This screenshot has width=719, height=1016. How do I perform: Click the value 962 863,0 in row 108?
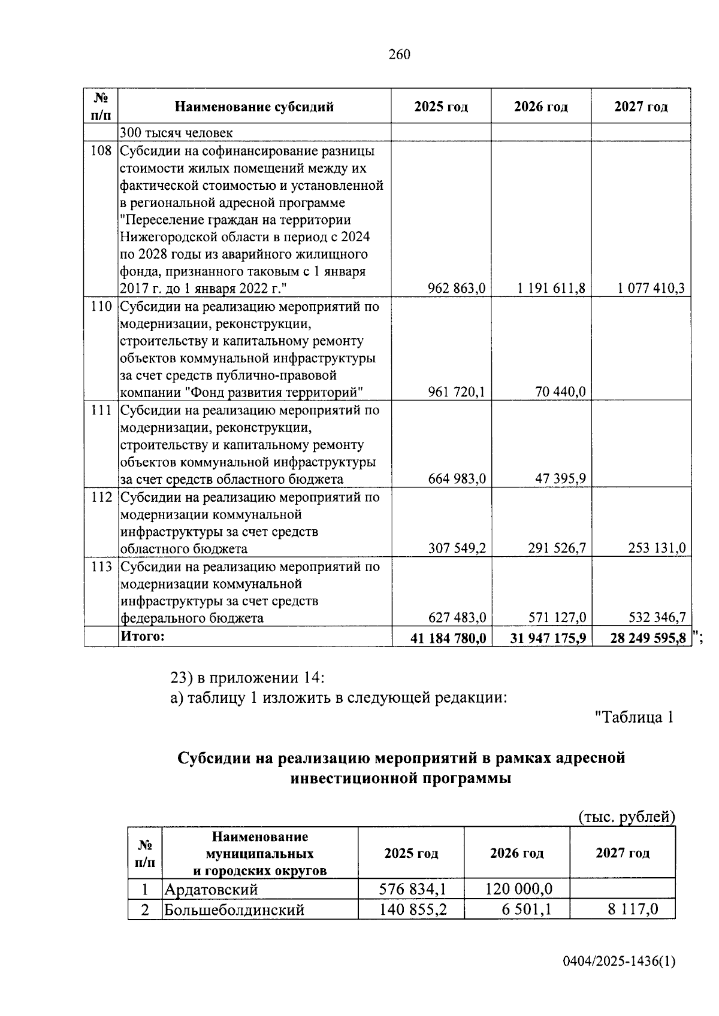pyautogui.click(x=456, y=289)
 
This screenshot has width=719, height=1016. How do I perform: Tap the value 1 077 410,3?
pyautogui.click(x=651, y=289)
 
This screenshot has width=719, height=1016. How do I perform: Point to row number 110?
pyautogui.click(x=101, y=307)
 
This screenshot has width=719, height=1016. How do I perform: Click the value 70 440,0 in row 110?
pyautogui.click(x=560, y=392)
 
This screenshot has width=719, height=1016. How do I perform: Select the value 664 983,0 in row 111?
pyautogui.click(x=457, y=479)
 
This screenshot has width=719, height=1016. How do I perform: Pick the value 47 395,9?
pyautogui.click(x=561, y=479)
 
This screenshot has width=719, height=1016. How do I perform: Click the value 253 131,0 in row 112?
pyautogui.click(x=657, y=548)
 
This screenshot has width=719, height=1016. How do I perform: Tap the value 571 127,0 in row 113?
pyautogui.click(x=557, y=617)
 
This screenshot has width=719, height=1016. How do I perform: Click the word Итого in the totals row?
pyautogui.click(x=143, y=636)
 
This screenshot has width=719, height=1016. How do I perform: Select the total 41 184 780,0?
pyautogui.click(x=448, y=638)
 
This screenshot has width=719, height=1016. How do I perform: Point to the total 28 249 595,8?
pyautogui.click(x=648, y=638)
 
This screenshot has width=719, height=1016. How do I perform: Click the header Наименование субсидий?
pyautogui.click(x=254, y=107)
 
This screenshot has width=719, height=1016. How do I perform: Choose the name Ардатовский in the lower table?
pyautogui.click(x=211, y=888)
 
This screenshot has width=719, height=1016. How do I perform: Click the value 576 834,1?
pyautogui.click(x=413, y=888)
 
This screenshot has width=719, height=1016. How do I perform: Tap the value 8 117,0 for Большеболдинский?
pyautogui.click(x=632, y=909)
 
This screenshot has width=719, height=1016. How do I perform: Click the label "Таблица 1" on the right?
pyautogui.click(x=634, y=717)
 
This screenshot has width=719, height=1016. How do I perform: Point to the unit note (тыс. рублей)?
pyautogui.click(x=626, y=817)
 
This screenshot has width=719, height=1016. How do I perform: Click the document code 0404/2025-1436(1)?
pyautogui.click(x=619, y=962)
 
